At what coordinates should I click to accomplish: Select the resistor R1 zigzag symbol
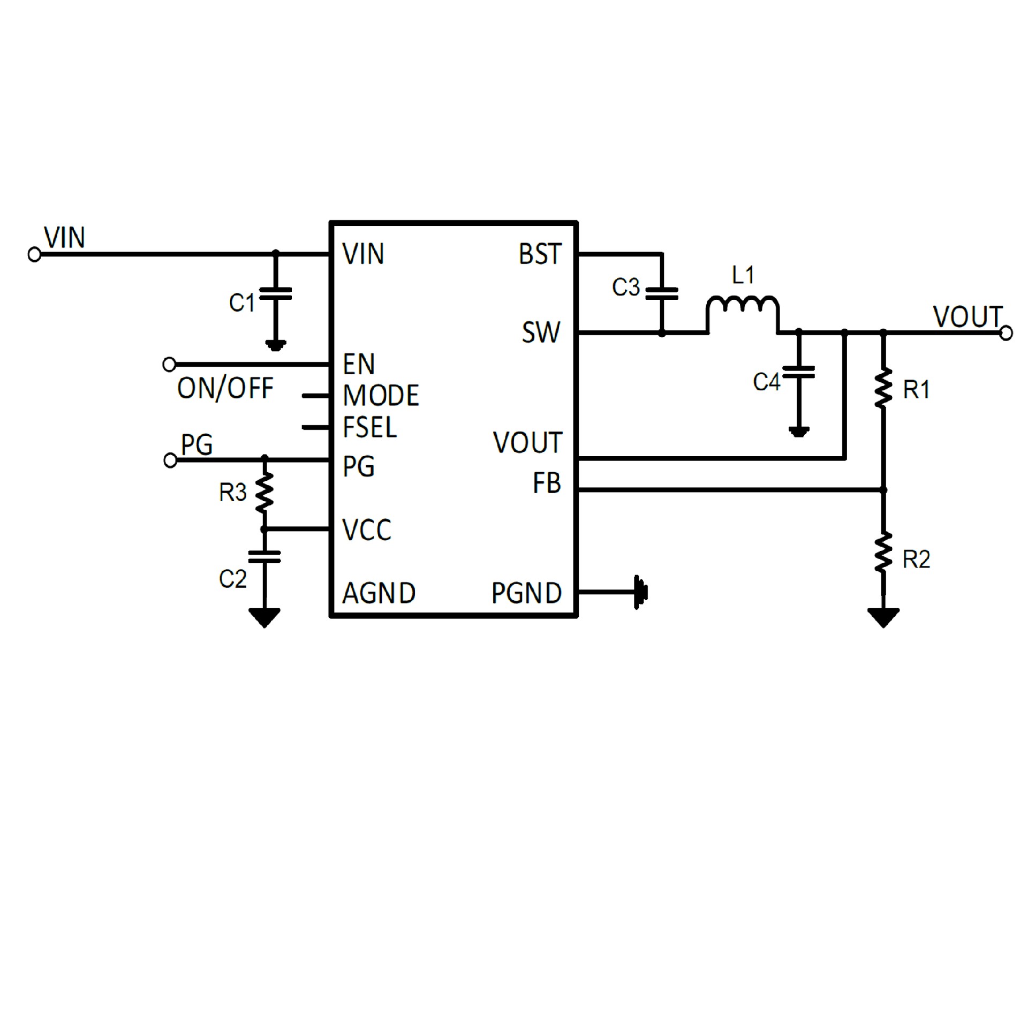point(883,388)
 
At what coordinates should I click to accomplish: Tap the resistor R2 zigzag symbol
point(883,553)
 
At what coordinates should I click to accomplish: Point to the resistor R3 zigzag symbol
point(264,492)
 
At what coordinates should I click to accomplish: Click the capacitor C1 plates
point(275,293)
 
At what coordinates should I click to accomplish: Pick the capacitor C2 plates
point(264,557)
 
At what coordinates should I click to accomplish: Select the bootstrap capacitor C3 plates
point(662,293)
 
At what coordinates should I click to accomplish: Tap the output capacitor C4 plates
point(798,372)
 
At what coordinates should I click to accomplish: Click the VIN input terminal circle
point(34,255)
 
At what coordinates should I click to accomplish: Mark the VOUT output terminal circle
point(1006,333)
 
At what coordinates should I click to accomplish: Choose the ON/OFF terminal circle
point(169,365)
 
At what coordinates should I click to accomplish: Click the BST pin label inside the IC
point(540,254)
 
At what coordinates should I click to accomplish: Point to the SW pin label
point(541,332)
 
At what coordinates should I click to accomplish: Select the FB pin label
point(547,483)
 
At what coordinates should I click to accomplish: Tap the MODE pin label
point(381,396)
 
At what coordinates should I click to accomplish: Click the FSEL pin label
point(369,427)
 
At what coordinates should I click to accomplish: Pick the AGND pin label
point(379,593)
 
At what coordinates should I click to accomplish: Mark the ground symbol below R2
point(883,617)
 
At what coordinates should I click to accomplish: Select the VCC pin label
point(367,530)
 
